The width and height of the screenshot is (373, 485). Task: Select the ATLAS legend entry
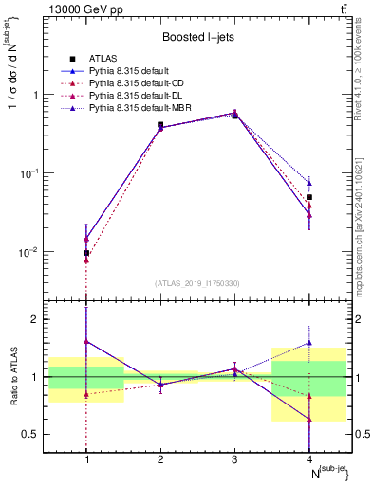(100, 59)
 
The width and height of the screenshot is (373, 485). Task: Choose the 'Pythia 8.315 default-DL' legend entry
(128, 97)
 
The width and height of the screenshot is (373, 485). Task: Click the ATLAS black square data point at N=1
(86, 253)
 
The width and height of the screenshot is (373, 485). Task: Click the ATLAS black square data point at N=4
(309, 197)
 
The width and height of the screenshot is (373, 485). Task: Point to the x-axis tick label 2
(160, 459)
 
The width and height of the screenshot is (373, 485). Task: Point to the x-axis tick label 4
(309, 459)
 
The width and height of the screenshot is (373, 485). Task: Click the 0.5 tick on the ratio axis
(39, 434)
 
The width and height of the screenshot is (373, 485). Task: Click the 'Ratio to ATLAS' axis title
(12, 376)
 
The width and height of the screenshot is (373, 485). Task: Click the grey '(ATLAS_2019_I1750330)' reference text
(197, 283)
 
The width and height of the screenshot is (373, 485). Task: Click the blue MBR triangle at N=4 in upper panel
(309, 183)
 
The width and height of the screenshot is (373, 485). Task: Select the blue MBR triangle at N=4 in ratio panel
(309, 343)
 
